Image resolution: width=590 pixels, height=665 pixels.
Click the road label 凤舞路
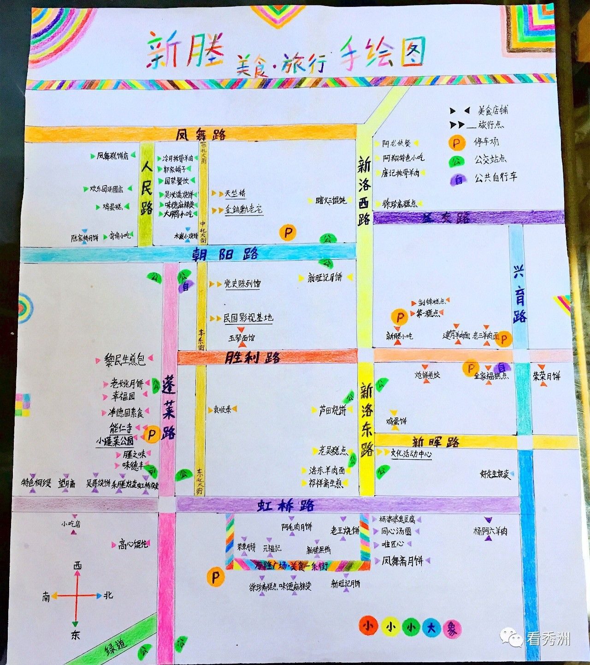click(201, 134)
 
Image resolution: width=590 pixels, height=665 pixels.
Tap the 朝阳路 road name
click(225, 254)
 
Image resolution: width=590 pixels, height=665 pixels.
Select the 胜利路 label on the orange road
click(252, 357)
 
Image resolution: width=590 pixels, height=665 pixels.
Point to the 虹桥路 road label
click(286, 505)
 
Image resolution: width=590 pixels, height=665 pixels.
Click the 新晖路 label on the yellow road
click(436, 442)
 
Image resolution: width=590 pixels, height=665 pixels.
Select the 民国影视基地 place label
click(248, 318)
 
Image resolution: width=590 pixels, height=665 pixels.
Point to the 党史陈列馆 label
click(242, 284)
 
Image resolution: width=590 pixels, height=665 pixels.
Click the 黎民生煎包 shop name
click(124, 359)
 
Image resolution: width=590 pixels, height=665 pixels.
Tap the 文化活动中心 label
click(411, 454)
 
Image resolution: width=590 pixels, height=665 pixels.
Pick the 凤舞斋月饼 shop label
click(402, 561)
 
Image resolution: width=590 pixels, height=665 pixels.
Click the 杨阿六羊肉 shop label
click(490, 531)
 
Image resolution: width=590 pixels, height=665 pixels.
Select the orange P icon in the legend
click(456, 143)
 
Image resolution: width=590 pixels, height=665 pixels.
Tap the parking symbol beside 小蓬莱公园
click(151, 434)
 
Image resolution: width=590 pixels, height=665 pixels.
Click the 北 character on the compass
click(108, 595)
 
